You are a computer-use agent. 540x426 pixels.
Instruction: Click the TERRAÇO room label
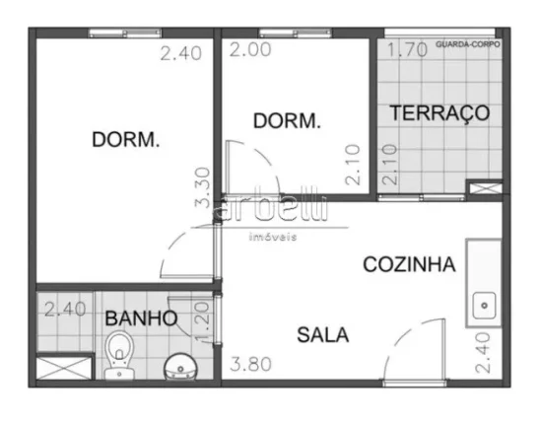point(439,112)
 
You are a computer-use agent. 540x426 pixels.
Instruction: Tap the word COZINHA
point(409,264)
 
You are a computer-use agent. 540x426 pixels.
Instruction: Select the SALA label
point(322,334)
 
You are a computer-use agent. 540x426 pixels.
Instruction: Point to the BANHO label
point(141,319)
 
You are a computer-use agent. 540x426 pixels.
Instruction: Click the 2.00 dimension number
point(248,49)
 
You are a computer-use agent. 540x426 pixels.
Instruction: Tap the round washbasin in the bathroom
point(180,368)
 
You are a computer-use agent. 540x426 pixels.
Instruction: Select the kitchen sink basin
point(485,307)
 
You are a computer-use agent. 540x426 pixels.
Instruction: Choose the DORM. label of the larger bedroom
point(125,140)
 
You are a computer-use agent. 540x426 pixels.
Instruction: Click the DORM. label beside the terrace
point(287,121)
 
